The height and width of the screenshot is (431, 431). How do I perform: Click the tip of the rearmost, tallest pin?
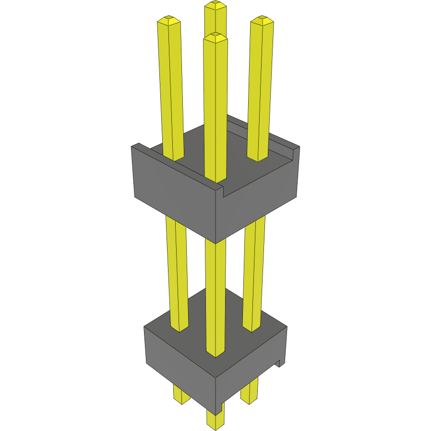(215, 6)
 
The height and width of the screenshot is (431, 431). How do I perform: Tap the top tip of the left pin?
(168, 20)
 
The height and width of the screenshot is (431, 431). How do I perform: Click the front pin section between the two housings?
(215, 288)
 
